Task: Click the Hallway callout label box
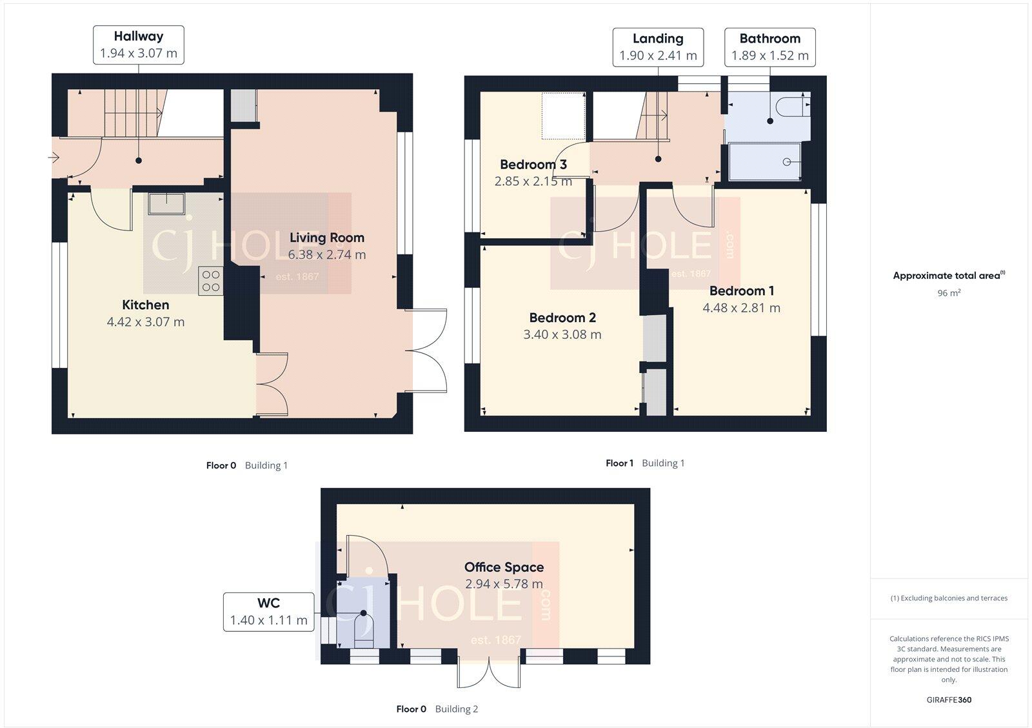point(139,45)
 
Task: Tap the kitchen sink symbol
point(166,203)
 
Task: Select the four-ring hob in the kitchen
point(211,281)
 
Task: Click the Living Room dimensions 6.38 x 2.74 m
point(326,255)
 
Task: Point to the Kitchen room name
point(146,305)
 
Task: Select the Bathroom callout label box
point(769,47)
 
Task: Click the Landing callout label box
point(657,47)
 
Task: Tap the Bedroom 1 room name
point(741,291)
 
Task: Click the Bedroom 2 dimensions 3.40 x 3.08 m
point(562,334)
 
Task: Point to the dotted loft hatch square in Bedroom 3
point(563,116)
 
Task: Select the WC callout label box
point(268,611)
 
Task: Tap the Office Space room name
point(504,567)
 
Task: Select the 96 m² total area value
point(949,293)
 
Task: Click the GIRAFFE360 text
point(949,700)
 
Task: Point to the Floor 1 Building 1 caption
point(645,463)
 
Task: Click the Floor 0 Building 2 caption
point(437,709)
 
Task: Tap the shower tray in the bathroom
point(764,161)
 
